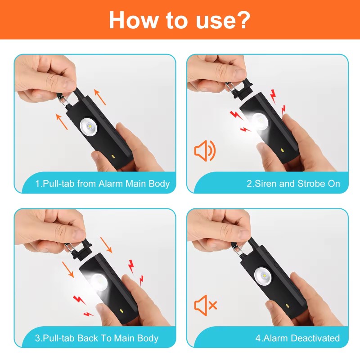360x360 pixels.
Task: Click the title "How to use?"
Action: [x=180, y=19]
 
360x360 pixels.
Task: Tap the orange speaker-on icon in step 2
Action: [x=205, y=151]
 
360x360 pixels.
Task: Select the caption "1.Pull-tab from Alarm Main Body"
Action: [x=103, y=184]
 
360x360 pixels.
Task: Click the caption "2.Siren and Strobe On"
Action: [x=293, y=184]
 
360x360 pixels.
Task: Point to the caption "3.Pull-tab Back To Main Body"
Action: [x=97, y=338]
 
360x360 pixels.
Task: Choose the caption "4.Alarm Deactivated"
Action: [x=298, y=338]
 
